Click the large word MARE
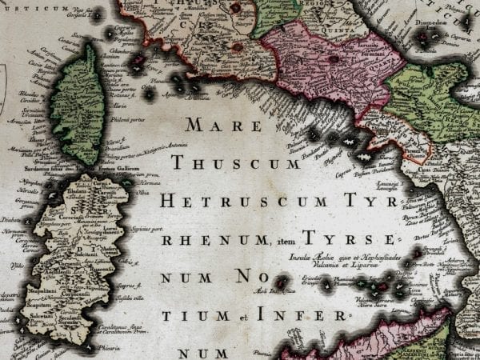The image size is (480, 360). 223,125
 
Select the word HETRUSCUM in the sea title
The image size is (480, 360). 232,201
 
